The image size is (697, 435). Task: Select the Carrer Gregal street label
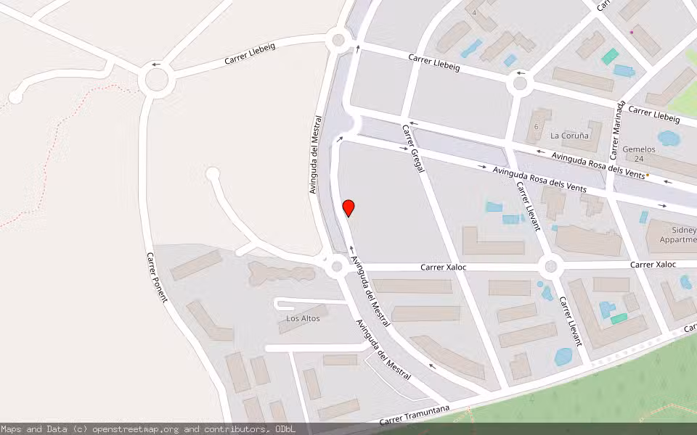point(412,148)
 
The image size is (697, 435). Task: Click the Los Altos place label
point(303,318)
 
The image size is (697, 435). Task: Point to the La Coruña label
point(566,136)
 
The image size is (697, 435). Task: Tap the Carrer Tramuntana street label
point(415,415)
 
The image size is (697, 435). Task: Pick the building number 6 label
point(537,127)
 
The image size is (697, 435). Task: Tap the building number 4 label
point(475,12)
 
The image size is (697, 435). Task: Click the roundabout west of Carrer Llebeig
point(157,80)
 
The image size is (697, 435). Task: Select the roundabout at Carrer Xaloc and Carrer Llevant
point(550,267)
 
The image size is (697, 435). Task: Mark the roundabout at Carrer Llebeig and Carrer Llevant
point(520,83)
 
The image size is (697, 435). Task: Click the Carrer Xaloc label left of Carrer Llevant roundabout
point(443,268)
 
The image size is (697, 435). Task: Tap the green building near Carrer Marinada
point(610,56)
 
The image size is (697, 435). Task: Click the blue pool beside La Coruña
point(667,138)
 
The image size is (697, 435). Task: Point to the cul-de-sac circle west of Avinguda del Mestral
point(212,174)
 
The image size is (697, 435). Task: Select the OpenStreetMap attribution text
point(147,429)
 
